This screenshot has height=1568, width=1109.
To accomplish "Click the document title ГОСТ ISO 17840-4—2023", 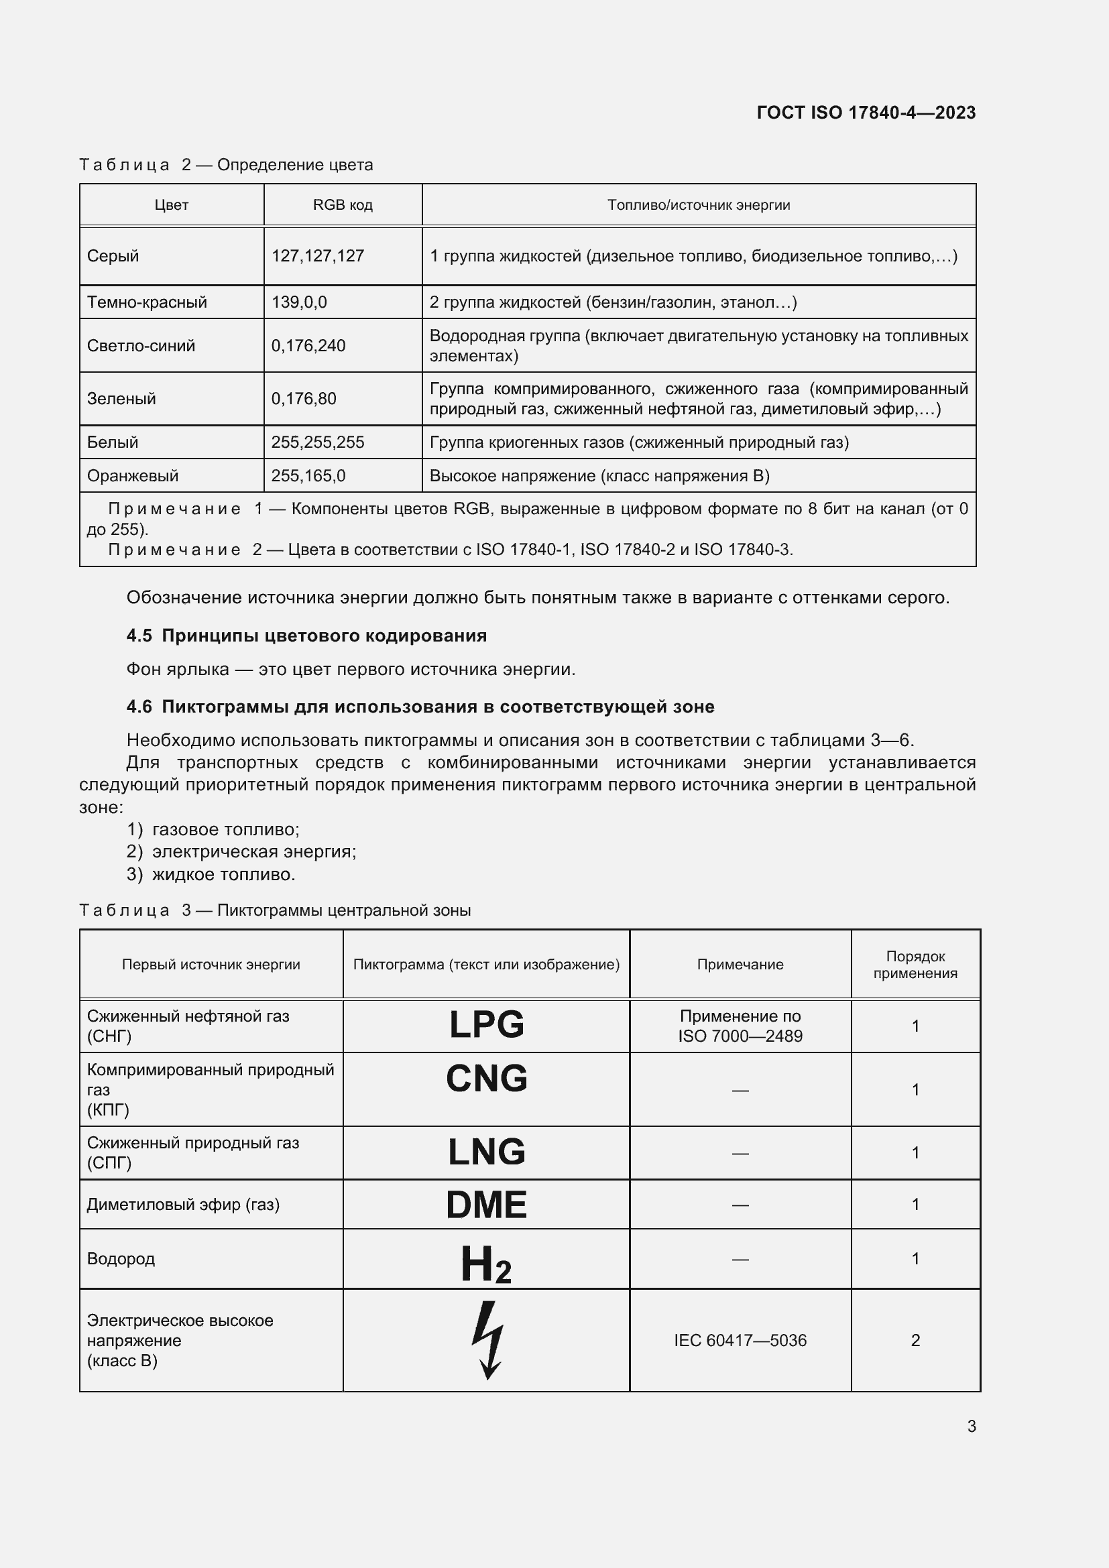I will [865, 113].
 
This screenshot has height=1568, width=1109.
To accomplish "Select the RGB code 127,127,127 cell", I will [318, 256].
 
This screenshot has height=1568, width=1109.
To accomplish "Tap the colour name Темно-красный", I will [147, 302].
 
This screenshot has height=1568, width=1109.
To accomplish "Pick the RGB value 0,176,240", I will [308, 345].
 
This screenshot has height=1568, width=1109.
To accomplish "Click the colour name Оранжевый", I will [133, 476].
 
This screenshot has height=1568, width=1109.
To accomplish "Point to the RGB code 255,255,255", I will [318, 442].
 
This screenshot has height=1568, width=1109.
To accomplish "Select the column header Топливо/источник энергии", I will [699, 205].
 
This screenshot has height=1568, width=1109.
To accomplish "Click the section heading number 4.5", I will [139, 636].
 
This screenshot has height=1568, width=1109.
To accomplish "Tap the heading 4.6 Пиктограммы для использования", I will [420, 707].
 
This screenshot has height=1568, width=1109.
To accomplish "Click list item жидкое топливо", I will [223, 874].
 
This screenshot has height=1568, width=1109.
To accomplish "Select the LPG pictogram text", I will [486, 1024].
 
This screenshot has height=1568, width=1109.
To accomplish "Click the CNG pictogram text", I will [486, 1079].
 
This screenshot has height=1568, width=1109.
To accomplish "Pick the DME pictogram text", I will [486, 1205].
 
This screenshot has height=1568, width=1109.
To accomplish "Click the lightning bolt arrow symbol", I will [487, 1340].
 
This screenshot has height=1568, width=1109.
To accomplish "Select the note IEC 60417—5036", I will [740, 1341].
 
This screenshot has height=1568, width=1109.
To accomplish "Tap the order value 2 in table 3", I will [915, 1341].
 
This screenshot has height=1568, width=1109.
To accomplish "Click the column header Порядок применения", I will [915, 964].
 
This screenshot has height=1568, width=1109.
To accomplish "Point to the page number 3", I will [971, 1426].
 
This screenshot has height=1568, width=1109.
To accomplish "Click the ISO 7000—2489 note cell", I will [740, 1026].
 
